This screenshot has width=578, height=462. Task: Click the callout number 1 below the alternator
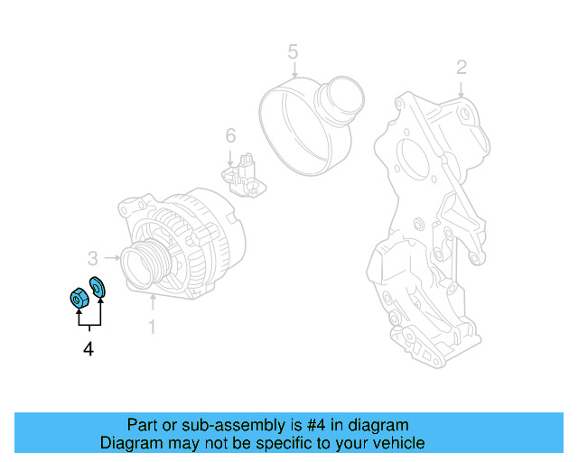click(x=152, y=326)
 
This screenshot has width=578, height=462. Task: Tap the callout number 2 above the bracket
click(x=461, y=67)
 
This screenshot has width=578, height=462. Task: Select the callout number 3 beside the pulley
click(x=92, y=258)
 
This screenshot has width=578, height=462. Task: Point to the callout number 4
click(x=88, y=348)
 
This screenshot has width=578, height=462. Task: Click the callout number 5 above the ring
click(x=293, y=51)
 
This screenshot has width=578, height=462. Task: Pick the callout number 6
click(x=230, y=135)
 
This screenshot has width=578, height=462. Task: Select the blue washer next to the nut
click(x=98, y=286)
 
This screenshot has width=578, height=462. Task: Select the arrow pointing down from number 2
click(x=461, y=88)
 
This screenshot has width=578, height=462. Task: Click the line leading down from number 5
click(x=293, y=72)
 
